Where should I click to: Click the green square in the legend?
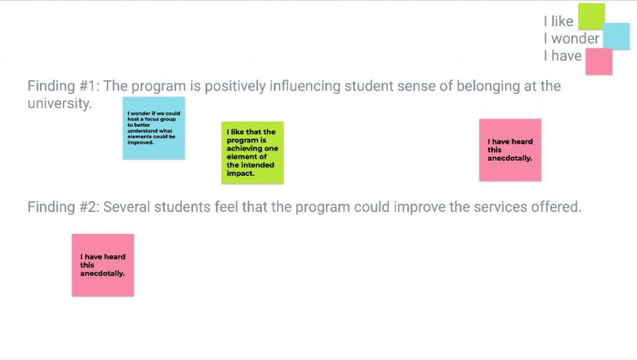pos(592,16)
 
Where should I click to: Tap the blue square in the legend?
pos(616,36)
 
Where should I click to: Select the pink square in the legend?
pos(599,62)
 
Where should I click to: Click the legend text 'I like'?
pos(559,21)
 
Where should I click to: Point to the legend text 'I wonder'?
pos(572,39)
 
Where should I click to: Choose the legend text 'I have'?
pos(563,55)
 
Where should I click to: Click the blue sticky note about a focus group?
pos(154,128)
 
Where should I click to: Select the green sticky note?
pos(253,152)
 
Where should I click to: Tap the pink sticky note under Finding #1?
pos(510,150)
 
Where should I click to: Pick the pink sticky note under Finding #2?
pos(103,265)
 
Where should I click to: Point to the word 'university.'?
pos(60,103)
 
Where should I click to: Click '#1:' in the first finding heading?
pos(90,86)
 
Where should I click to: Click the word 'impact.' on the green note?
pos(241,173)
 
